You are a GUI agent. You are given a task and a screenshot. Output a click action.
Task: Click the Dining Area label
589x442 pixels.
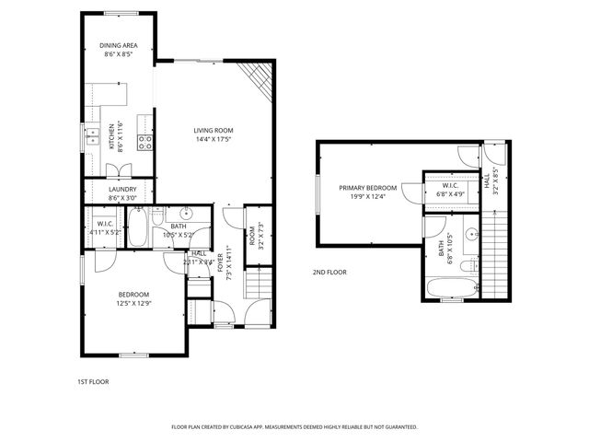click(118, 45)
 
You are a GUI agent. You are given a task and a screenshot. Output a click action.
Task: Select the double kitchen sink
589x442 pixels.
click(93, 137)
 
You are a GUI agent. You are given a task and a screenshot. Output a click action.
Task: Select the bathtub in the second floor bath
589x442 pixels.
click(450, 289)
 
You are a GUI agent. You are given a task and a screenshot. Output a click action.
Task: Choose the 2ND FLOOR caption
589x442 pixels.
click(329, 272)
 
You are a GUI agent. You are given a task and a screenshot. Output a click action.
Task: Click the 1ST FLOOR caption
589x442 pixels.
click(92, 380)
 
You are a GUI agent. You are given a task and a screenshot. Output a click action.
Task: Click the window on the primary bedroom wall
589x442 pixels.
click(318, 193)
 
